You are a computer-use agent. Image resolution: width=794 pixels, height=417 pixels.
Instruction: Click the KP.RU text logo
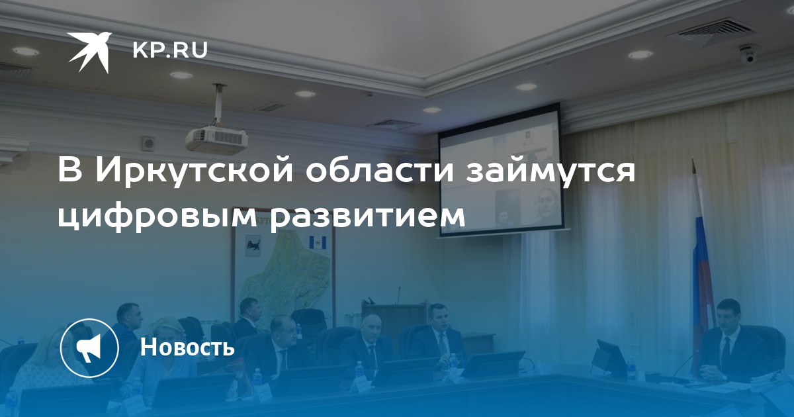pos(170,50)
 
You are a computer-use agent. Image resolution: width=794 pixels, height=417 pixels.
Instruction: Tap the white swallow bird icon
pos(90,52)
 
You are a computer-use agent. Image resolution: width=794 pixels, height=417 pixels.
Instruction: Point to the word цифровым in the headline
pos(157,216)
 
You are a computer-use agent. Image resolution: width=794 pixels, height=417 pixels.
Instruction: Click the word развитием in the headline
pos(367,217)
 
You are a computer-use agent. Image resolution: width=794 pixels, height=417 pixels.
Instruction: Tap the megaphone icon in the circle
pos(89,347)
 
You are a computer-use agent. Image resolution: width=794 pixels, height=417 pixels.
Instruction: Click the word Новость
pos(187,346)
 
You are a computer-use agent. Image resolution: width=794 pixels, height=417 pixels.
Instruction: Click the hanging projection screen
pos(500,171)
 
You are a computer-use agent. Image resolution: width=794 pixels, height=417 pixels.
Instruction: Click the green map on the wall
pos(284,270)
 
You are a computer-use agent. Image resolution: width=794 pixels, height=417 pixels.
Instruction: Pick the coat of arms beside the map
pos(253,246)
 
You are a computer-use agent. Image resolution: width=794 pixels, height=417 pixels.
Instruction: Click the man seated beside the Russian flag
pos(734,344)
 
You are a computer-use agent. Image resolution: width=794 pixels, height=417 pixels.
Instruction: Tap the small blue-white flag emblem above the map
pos(316,242)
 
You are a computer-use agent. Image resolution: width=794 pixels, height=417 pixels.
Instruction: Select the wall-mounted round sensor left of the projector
pos(147,144)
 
